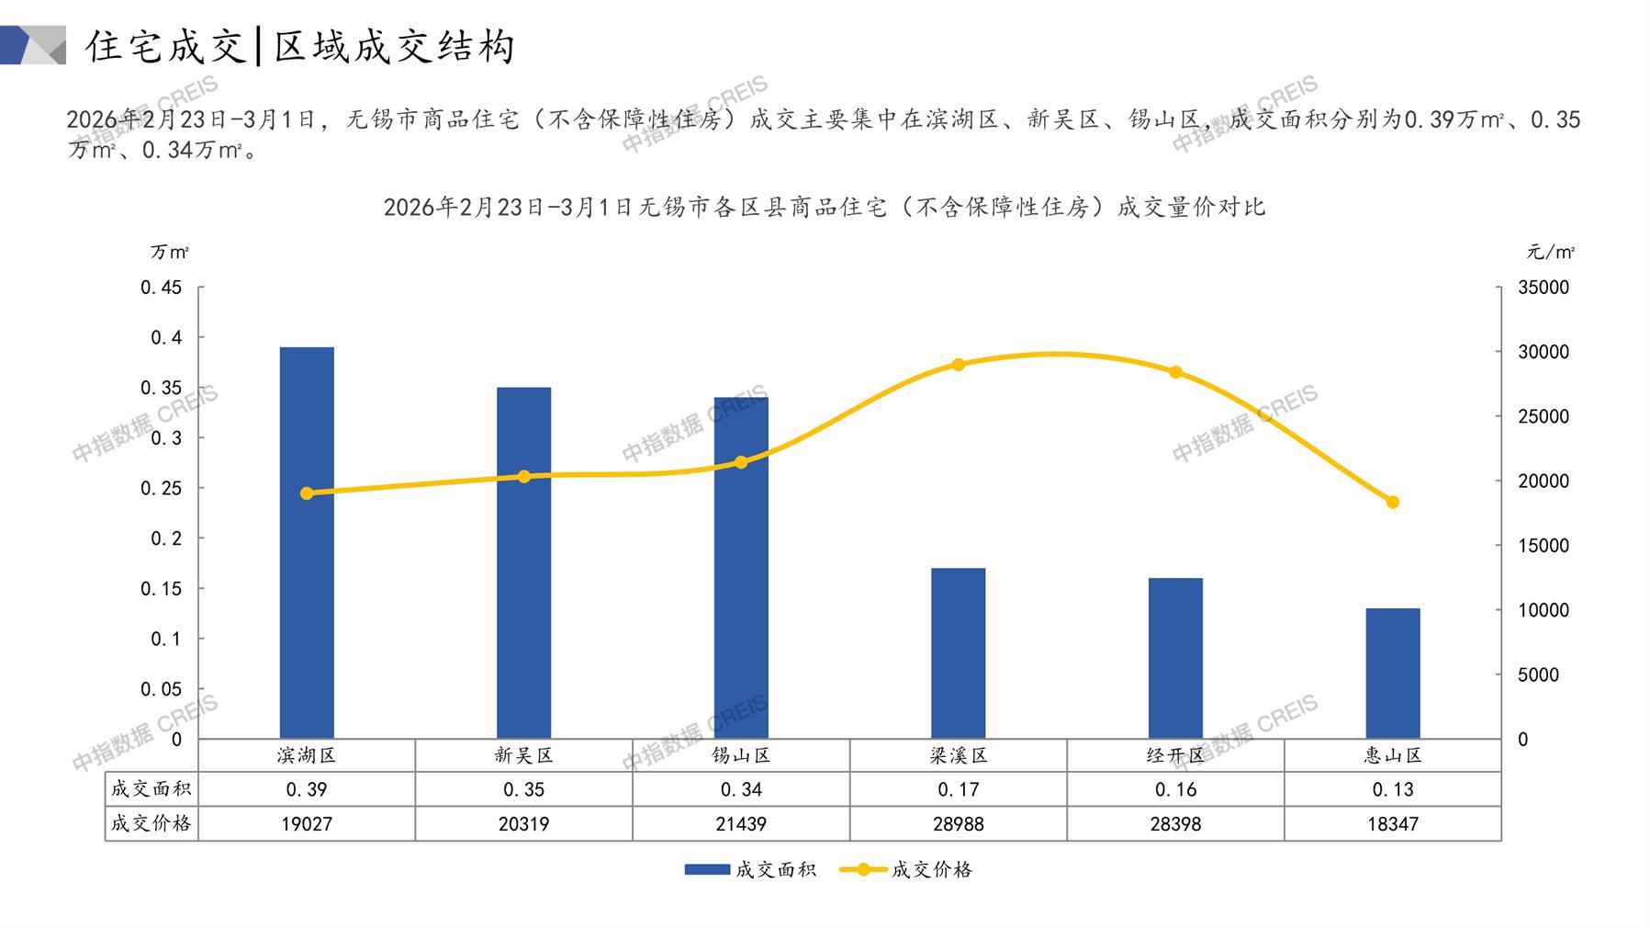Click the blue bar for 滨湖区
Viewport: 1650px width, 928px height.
[x=307, y=542]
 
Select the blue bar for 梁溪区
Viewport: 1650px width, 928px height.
[x=958, y=652]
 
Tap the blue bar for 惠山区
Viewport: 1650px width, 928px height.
[x=1392, y=673]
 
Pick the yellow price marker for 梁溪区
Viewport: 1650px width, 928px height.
[x=959, y=365]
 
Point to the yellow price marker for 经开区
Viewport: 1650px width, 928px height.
[x=1175, y=372]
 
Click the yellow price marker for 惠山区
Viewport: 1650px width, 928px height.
[x=1392, y=503]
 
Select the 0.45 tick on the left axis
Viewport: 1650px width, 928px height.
[x=162, y=288]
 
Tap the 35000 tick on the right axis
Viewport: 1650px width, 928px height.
[x=1543, y=288]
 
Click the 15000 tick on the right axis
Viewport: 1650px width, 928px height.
[x=1543, y=546]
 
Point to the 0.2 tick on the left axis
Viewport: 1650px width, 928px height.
[x=166, y=538]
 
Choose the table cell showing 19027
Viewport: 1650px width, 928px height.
[x=307, y=824]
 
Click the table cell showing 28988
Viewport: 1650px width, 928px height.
[x=958, y=824]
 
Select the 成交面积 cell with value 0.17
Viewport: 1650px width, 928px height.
[x=958, y=789]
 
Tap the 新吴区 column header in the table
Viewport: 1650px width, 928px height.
[x=523, y=755]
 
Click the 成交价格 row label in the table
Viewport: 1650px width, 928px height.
[x=151, y=823]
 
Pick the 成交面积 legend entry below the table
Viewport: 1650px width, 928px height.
[x=750, y=869]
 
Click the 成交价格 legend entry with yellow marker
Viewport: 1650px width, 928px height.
[x=906, y=869]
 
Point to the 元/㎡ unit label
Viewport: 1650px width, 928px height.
[x=1551, y=252]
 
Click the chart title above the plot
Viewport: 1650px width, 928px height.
[x=824, y=207]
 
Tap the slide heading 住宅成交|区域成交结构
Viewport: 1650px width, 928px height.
[x=300, y=46]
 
